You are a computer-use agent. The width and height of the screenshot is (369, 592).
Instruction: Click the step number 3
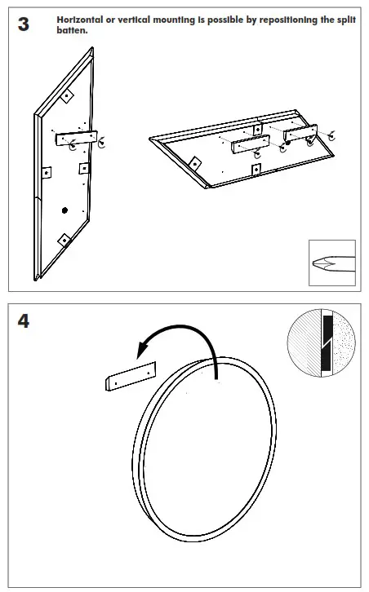pyautogui.click(x=24, y=24)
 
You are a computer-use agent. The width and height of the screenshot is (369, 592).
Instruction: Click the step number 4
pyautogui.click(x=24, y=321)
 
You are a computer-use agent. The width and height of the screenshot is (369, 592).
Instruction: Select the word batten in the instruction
pyautogui.click(x=72, y=30)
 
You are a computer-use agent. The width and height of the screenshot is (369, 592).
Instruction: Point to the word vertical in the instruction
pyautogui.click(x=133, y=20)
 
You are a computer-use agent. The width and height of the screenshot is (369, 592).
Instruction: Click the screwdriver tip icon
pyautogui.click(x=332, y=263)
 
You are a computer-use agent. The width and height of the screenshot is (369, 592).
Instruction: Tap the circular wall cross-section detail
pyautogui.click(x=322, y=342)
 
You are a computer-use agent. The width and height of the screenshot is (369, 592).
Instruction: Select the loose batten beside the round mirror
pyautogui.click(x=131, y=377)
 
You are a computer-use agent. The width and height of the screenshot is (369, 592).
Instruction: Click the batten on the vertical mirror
pyautogui.click(x=77, y=138)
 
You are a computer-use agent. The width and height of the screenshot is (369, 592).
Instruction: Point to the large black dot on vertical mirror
pyautogui.click(x=64, y=210)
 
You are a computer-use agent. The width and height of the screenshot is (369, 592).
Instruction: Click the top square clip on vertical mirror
pyautogui.click(x=67, y=96)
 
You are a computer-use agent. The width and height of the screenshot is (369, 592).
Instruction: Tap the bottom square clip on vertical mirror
pyautogui.click(x=64, y=240)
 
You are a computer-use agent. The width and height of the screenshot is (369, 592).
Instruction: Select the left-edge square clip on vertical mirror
pyautogui.click(x=47, y=173)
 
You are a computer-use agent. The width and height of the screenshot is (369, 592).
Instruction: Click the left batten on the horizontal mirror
pyautogui.click(x=251, y=144)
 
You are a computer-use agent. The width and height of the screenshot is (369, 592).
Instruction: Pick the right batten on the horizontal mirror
pyautogui.click(x=300, y=133)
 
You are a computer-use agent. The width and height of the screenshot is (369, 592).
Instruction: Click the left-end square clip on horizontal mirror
pyautogui.click(x=195, y=163)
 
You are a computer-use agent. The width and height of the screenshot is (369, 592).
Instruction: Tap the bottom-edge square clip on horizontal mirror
pyautogui.click(x=256, y=170)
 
